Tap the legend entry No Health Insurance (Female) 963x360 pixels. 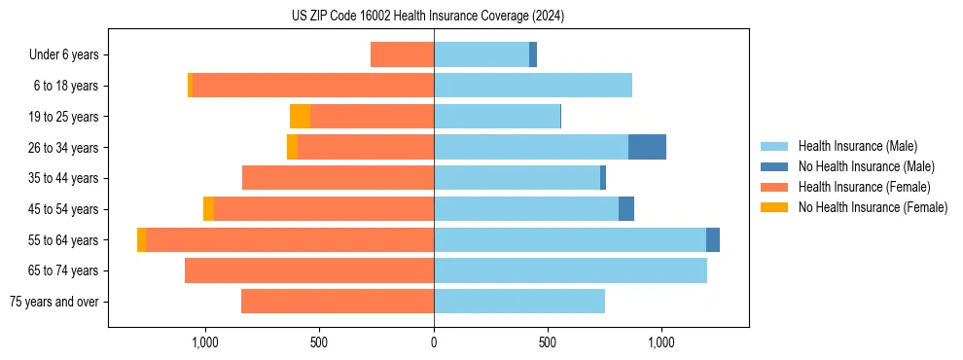coord(873,207)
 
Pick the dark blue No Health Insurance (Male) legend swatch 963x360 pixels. coord(775,166)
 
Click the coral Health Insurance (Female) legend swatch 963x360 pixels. coord(775,187)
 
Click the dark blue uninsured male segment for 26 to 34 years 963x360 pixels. coord(647,147)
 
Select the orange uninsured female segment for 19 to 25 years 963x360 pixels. coord(300,117)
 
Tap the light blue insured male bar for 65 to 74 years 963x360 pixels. coord(570,270)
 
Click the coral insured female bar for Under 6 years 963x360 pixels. coord(402,54)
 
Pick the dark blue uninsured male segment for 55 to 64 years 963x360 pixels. coord(713,239)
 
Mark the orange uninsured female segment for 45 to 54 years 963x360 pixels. coord(208,209)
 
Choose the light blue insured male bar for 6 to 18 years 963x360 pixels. coord(533,86)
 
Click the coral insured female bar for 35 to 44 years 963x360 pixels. coord(338,178)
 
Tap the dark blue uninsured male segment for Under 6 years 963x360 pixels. coord(533,54)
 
